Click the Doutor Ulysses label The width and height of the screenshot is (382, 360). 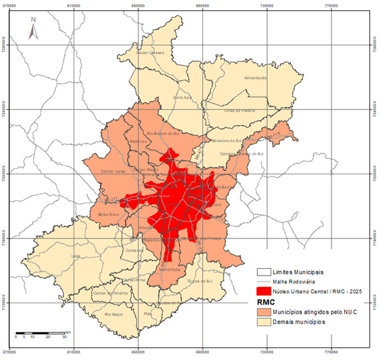[150, 52]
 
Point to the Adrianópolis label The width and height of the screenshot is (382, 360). [257, 78]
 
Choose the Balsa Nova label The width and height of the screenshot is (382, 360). [108, 215]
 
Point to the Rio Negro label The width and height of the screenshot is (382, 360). [113, 313]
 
